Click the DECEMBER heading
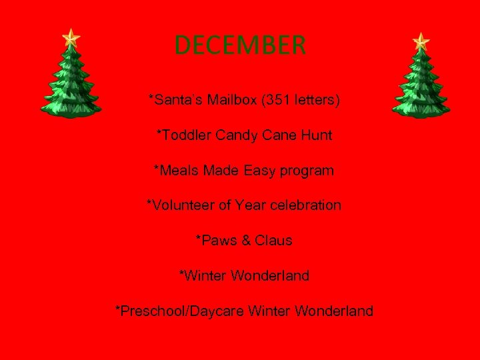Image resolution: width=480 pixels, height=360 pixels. (240, 45)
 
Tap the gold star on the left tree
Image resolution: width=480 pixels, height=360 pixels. (70, 37)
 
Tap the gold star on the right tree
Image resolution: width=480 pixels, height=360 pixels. (421, 41)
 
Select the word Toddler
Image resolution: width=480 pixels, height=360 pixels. (185, 135)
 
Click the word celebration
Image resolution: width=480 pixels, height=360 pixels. (303, 205)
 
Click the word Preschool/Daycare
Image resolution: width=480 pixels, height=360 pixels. (175, 311)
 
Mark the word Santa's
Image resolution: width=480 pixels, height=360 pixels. (172, 101)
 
